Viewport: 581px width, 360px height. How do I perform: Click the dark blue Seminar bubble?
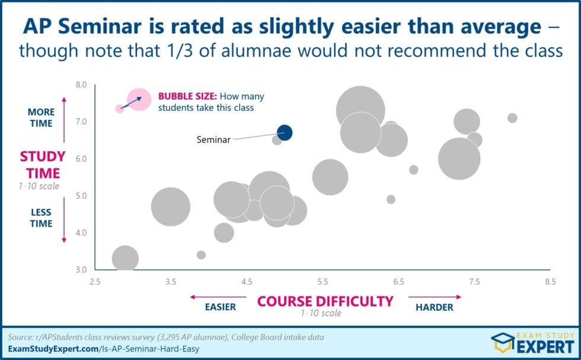pyautogui.click(x=285, y=132)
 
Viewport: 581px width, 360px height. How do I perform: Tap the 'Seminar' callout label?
pyautogui.click(x=213, y=141)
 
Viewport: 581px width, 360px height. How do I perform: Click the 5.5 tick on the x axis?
pyautogui.click(x=323, y=282)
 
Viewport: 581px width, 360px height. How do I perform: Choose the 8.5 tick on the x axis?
pyautogui.click(x=551, y=282)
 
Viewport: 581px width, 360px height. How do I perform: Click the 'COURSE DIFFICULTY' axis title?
pyautogui.click(x=325, y=301)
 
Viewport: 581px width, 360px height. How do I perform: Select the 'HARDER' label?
pyautogui.click(x=434, y=307)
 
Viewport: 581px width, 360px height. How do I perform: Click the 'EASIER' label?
pyautogui.click(x=220, y=307)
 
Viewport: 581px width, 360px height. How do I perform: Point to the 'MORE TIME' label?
pyautogui.click(x=40, y=117)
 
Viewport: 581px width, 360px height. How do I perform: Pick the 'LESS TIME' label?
pyautogui.click(x=40, y=218)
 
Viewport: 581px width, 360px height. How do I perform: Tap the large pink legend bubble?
pyautogui.click(x=141, y=98)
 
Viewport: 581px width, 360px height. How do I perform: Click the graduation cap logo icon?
pyautogui.click(x=502, y=343)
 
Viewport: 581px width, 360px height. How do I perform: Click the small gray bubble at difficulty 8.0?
pyautogui.click(x=512, y=118)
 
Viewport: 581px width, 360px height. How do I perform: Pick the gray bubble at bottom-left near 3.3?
pyautogui.click(x=125, y=259)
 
